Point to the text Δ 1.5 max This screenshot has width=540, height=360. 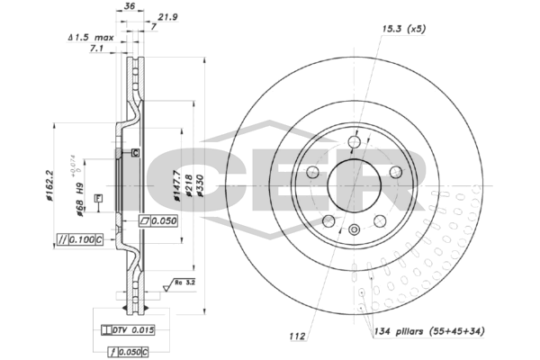tap(91, 39)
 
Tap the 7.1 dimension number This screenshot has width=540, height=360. tap(97, 50)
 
